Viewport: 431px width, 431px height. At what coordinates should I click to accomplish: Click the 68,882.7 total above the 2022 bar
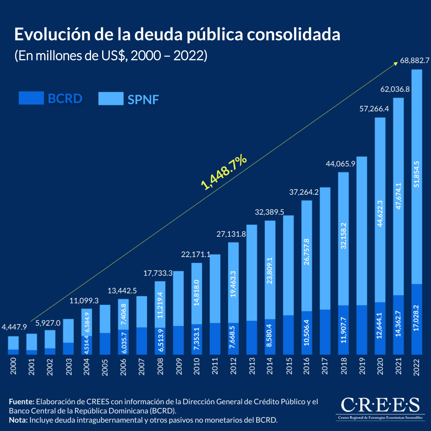[x=415, y=61]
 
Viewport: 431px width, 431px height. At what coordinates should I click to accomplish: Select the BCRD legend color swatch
[x=31, y=98]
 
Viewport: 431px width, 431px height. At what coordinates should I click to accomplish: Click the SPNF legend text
[x=143, y=99]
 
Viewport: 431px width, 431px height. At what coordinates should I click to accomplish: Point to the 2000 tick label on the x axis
[x=14, y=366]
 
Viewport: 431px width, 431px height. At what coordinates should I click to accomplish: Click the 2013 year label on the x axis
[x=252, y=366]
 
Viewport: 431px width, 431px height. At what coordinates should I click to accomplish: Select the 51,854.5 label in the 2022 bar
[x=417, y=177]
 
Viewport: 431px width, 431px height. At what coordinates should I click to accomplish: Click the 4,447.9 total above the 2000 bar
[x=14, y=327]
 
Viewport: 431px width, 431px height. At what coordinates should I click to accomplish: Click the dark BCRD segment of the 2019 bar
[x=362, y=330]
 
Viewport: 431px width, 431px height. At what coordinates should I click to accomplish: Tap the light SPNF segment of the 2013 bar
[x=252, y=273]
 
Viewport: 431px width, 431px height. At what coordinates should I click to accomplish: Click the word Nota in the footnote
[x=18, y=420]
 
